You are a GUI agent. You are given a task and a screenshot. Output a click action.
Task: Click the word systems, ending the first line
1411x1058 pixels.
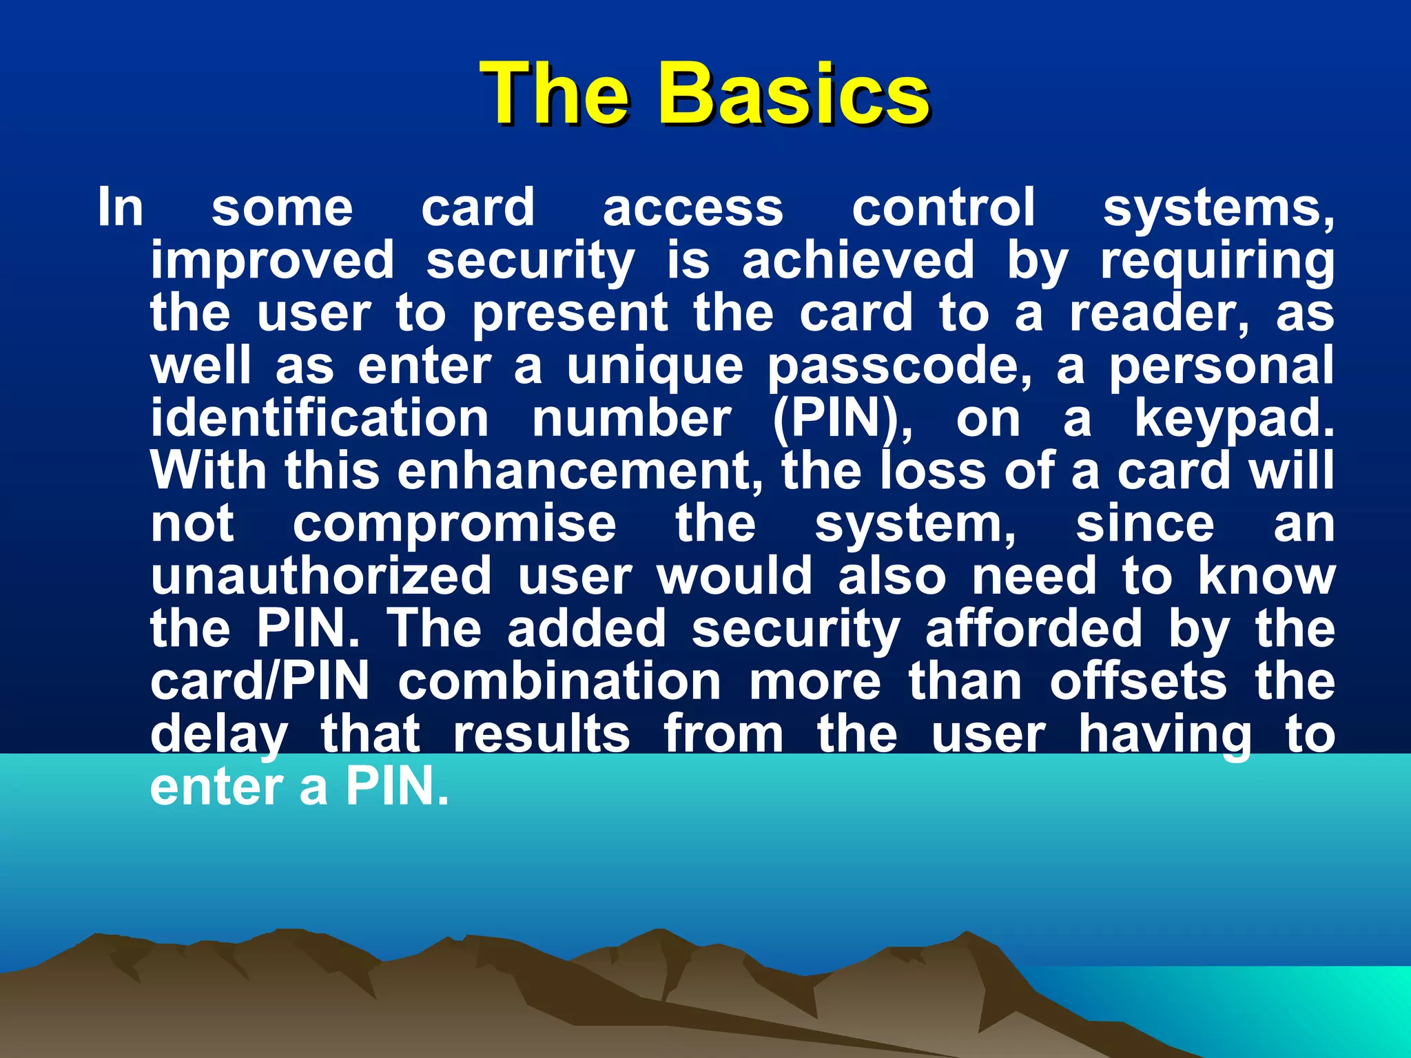click(1218, 208)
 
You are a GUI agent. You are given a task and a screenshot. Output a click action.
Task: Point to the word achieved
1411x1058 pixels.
click(858, 260)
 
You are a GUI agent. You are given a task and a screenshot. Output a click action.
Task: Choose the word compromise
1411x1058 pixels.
click(455, 524)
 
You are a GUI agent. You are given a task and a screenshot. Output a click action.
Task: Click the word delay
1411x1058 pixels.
click(219, 736)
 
